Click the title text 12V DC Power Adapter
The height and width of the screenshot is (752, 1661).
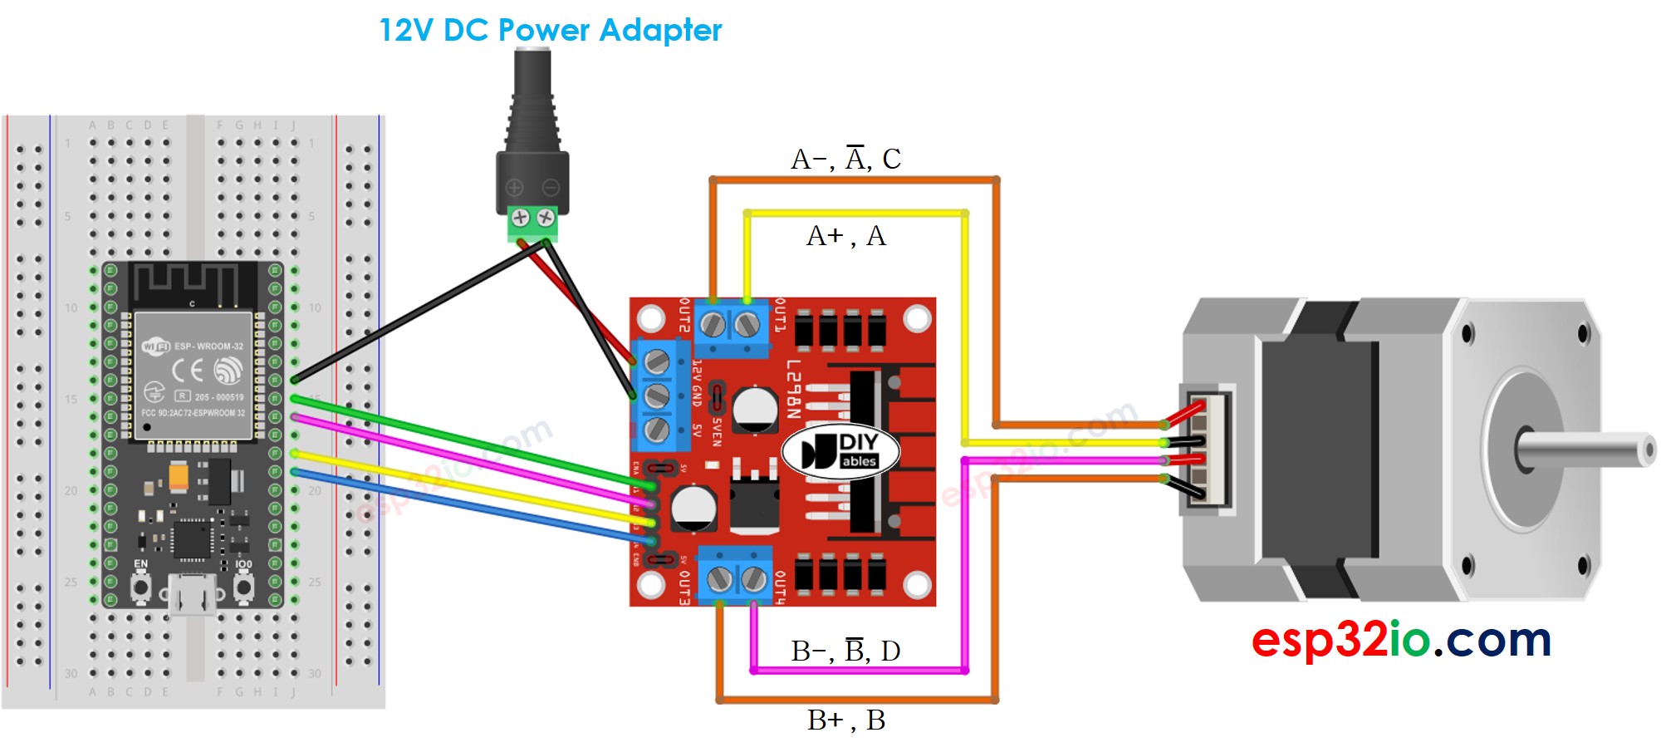click(x=550, y=31)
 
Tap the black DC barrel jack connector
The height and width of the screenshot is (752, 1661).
click(x=532, y=125)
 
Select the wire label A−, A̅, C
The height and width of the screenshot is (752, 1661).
click(x=845, y=159)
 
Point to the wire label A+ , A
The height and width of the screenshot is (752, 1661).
click(x=845, y=236)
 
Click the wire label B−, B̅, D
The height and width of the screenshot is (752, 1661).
click(x=845, y=651)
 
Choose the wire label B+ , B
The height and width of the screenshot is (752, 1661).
click(x=845, y=720)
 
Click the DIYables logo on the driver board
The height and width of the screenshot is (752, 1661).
click(x=840, y=452)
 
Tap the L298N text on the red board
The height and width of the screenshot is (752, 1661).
click(x=793, y=389)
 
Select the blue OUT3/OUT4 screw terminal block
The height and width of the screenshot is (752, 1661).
click(x=735, y=575)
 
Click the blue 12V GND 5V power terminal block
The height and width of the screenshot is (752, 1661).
click(x=657, y=395)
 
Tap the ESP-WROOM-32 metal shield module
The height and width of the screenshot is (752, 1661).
click(x=194, y=374)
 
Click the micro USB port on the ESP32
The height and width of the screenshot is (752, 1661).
click(x=193, y=595)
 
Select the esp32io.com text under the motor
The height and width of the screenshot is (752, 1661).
click(x=1400, y=640)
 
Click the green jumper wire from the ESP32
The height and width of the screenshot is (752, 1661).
click(x=465, y=440)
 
